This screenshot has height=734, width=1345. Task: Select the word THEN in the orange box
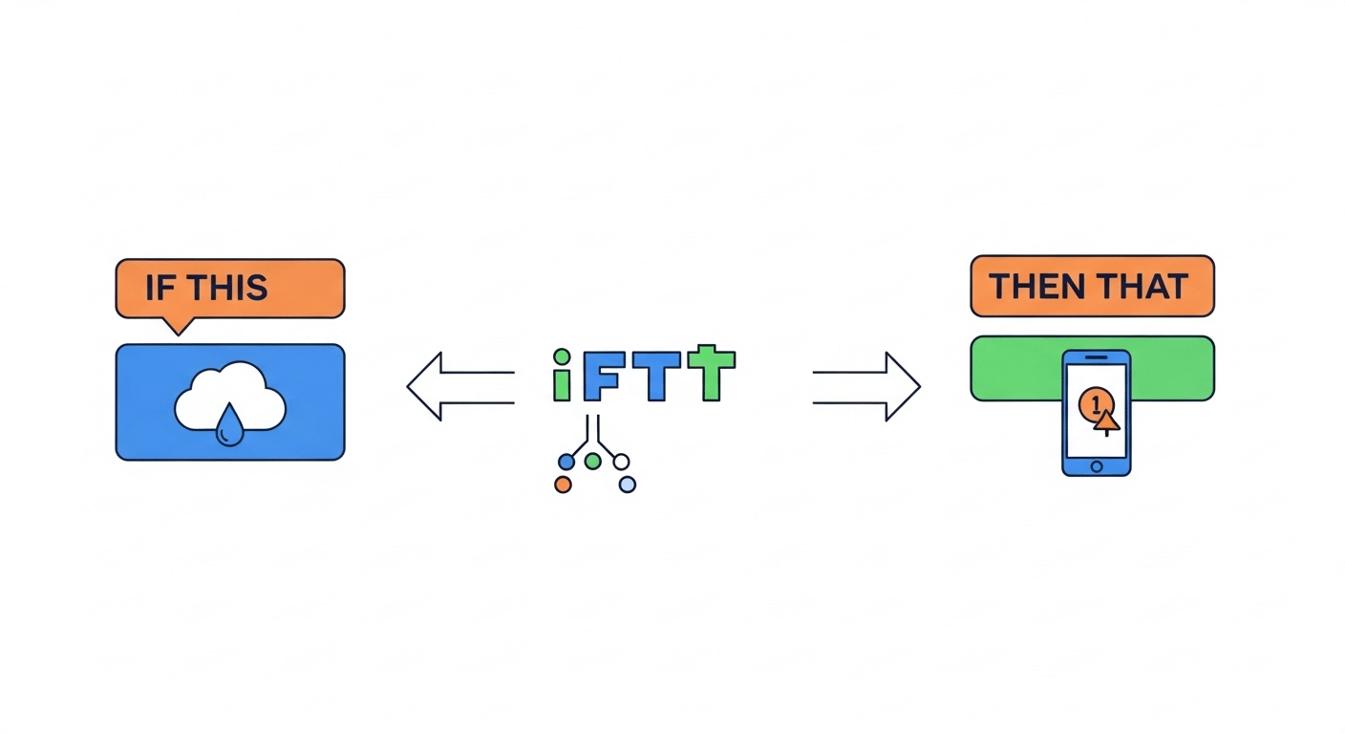[x=1035, y=286]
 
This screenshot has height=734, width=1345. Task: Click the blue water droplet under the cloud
[x=228, y=427]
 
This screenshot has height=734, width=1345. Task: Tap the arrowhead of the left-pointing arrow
[x=426, y=386]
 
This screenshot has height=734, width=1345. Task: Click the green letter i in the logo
[x=563, y=375]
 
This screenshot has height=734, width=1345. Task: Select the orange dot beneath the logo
[x=563, y=485]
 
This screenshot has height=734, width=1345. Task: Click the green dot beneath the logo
[x=592, y=462]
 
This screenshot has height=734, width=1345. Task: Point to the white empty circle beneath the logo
[x=622, y=463]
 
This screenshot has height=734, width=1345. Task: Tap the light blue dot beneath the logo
[x=627, y=485]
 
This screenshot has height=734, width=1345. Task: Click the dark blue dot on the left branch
[x=566, y=463]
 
